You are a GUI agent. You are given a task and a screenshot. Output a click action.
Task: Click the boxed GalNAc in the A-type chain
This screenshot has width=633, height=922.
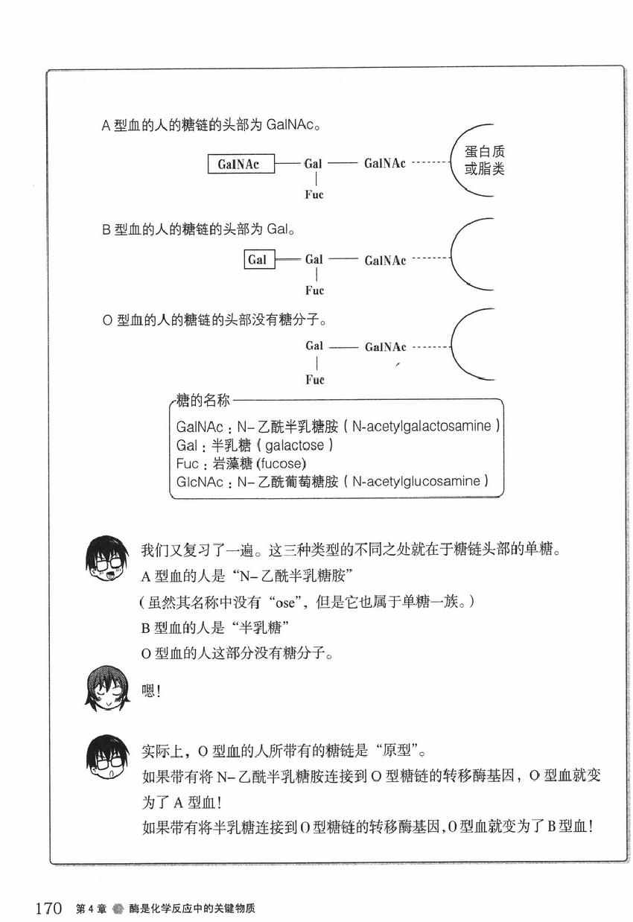[x=239, y=164]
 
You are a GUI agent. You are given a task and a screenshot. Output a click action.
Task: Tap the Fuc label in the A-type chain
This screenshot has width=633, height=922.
[x=314, y=195]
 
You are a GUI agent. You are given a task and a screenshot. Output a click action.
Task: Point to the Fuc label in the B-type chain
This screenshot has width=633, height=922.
[x=314, y=291]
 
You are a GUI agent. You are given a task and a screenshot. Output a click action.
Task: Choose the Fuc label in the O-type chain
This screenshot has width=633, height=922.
[x=314, y=380]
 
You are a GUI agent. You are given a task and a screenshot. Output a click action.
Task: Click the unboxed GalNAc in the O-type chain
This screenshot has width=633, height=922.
[x=385, y=347]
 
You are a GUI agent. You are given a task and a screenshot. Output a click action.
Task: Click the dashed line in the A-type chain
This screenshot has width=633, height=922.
[x=431, y=164]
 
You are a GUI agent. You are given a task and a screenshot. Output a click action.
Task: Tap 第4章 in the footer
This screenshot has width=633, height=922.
[x=91, y=909]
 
